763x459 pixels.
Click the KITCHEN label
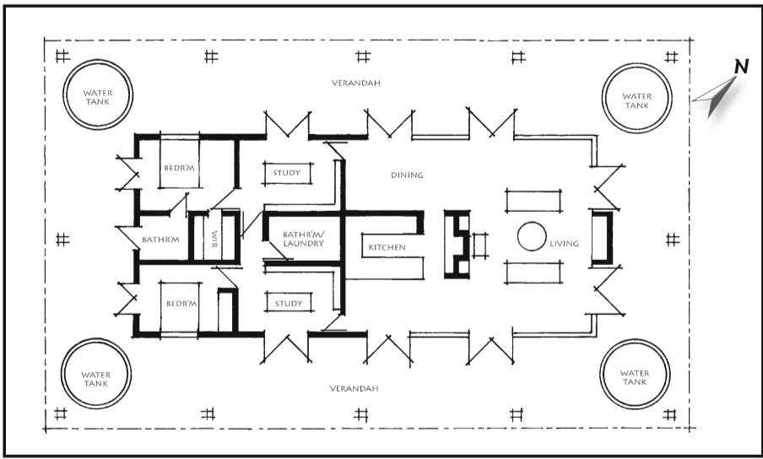pos(387,247)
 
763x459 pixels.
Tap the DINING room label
pos(407,175)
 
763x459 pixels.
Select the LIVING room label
pos(564,243)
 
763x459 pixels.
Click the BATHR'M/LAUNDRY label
pos(303,240)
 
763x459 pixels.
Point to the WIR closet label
pos(214,239)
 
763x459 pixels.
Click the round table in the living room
pos(532,236)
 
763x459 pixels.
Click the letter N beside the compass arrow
pos(741,67)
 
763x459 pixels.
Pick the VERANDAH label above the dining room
pos(355,84)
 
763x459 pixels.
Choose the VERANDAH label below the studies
pos(354,388)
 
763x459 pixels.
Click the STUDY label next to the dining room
pos(287,173)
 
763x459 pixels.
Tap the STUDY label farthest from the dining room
pos(289,304)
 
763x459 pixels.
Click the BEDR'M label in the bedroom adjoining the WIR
pos(179,168)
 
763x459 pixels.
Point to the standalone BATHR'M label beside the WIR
pos(160,240)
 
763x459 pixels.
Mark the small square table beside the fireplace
pos(479,245)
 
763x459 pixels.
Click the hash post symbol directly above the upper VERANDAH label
pos(363,57)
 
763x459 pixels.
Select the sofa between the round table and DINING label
pos(533,201)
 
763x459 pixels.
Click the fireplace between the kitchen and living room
pos(457,244)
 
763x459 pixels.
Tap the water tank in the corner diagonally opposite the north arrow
pos(96,374)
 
